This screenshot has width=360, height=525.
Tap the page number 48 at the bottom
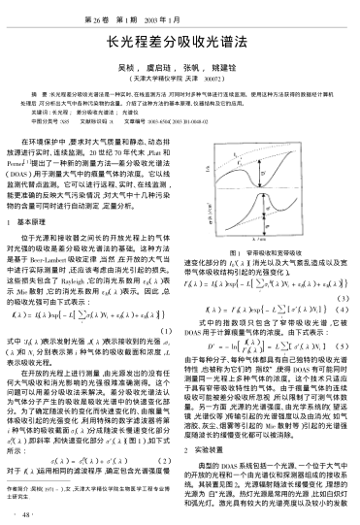26,513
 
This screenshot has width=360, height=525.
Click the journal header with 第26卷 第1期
180,14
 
